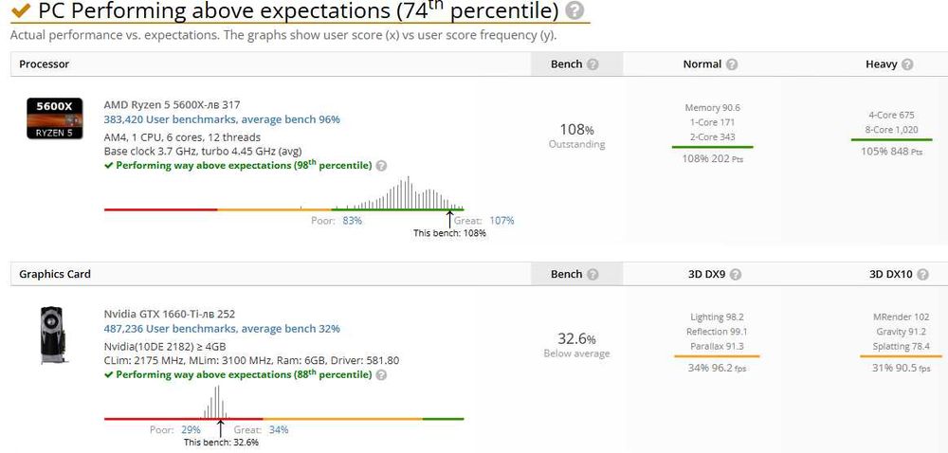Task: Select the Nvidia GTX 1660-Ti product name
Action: tap(171, 314)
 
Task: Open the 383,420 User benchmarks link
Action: tap(222, 119)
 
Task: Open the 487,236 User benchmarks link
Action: tap(222, 329)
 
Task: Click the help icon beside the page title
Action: tap(574, 11)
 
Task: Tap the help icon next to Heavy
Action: tap(907, 64)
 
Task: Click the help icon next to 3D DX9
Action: tap(735, 274)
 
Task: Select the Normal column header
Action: tap(702, 64)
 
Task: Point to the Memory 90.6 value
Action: tap(712, 108)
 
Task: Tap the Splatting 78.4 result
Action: tap(901, 346)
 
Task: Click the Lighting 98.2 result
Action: tap(717, 317)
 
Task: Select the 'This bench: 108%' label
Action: tap(449, 233)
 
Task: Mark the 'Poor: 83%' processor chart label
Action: tap(337, 220)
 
